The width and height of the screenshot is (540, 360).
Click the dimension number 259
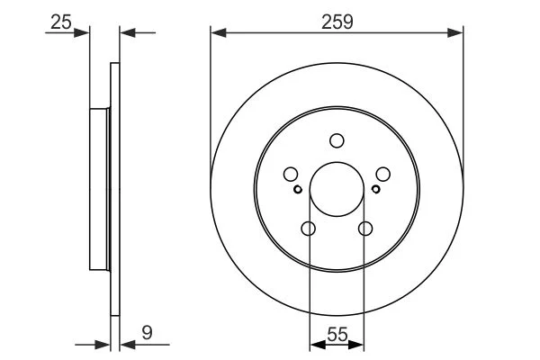pos(337,22)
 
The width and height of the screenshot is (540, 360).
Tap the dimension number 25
pos(61,22)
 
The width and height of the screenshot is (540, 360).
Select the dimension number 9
pos(147,333)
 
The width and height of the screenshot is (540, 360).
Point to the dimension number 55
pos(337,335)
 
